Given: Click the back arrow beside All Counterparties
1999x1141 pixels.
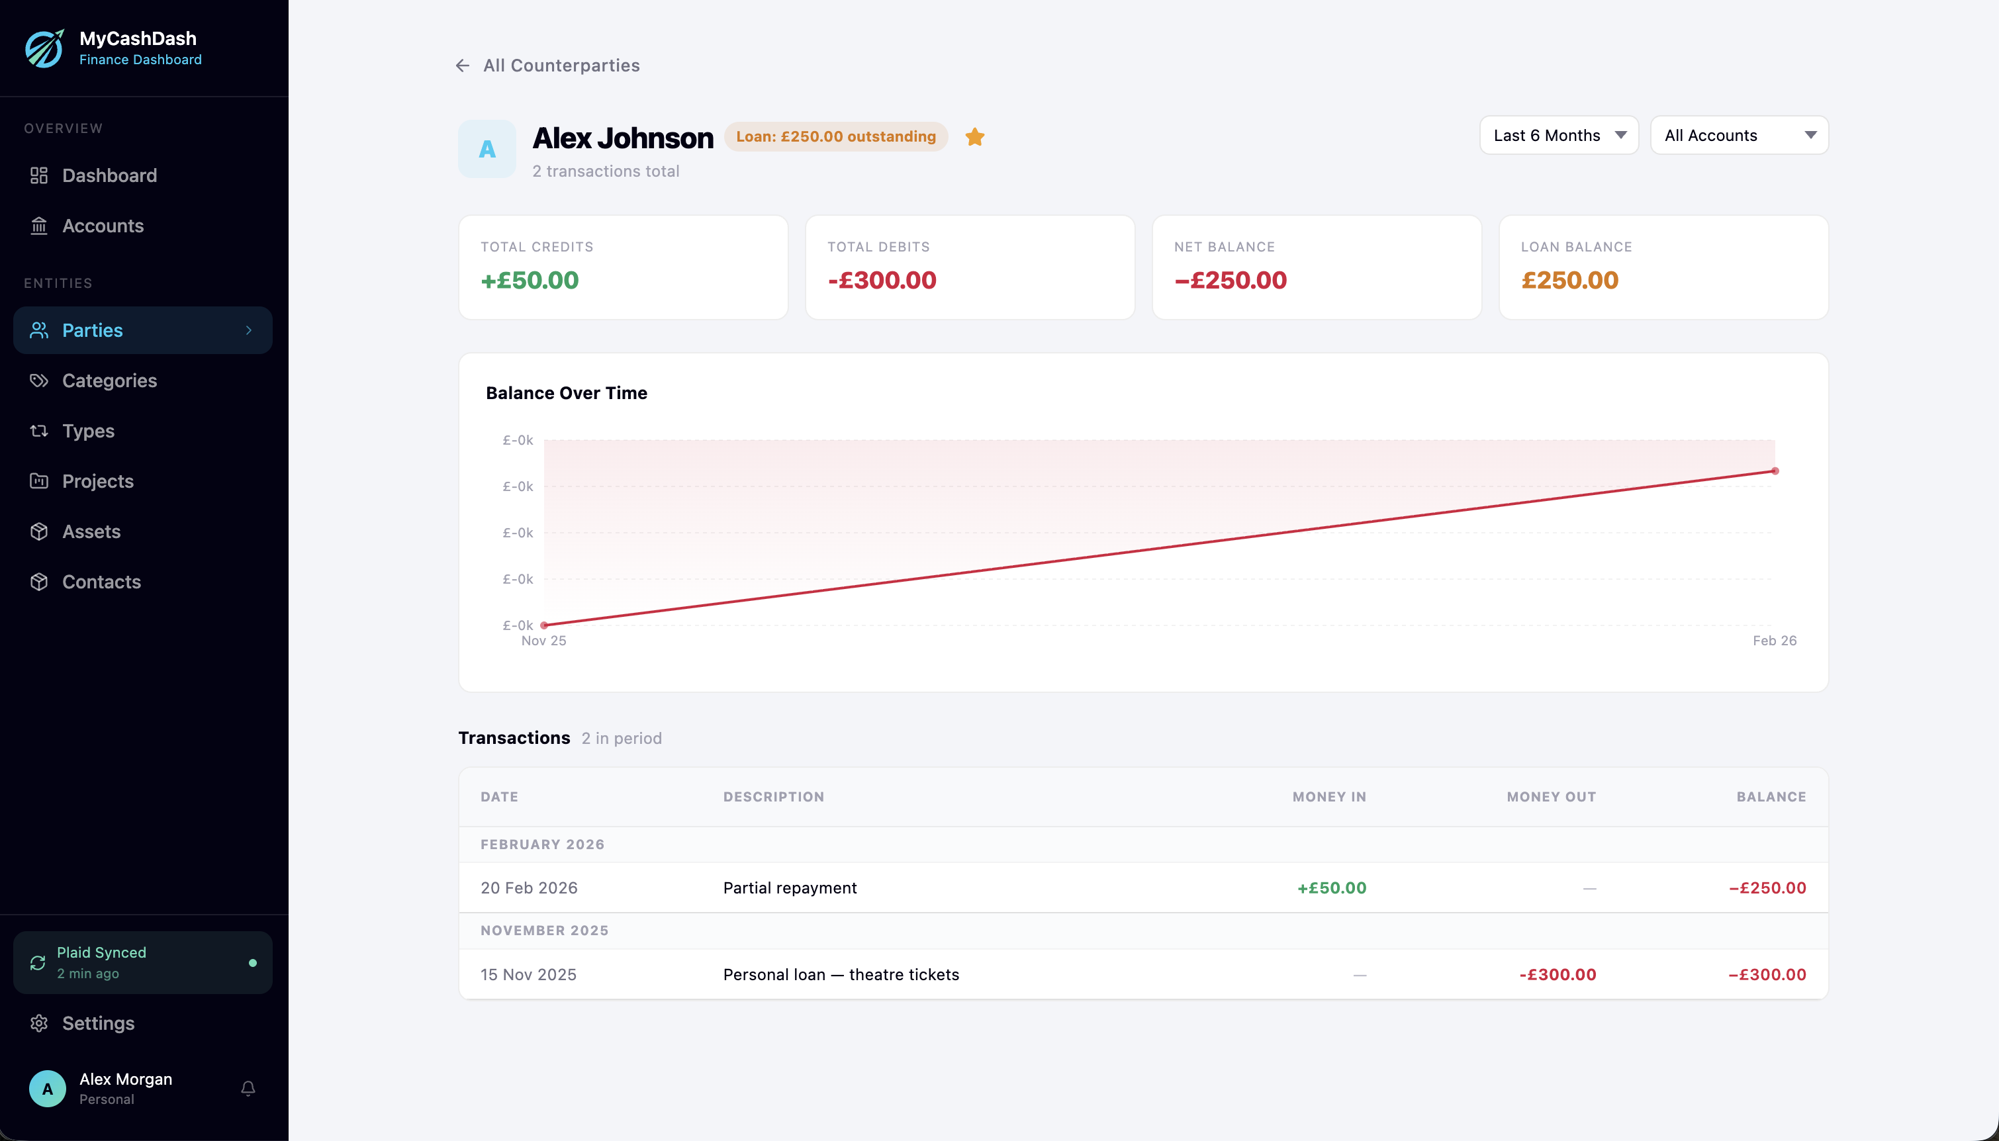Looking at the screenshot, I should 462,66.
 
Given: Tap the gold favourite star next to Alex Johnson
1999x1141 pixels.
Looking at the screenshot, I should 975,137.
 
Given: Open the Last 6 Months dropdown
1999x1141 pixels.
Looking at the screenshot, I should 1557,136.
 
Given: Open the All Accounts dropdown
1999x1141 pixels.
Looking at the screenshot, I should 1739,136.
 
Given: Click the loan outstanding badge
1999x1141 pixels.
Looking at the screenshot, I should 835,137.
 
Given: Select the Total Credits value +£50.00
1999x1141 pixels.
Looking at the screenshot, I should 530,281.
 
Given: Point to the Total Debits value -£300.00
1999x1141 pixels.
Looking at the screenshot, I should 882,281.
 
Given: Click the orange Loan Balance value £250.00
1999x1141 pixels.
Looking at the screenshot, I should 1569,281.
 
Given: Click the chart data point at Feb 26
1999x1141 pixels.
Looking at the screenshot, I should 1775,471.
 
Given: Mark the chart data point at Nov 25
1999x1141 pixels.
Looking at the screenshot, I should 544,625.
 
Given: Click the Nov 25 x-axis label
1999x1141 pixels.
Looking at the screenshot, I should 544,641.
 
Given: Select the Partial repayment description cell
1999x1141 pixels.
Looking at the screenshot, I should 790,888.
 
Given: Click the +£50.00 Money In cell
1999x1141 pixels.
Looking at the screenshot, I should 1331,888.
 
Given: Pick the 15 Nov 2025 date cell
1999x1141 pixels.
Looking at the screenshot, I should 528,975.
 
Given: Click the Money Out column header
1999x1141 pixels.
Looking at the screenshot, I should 1551,797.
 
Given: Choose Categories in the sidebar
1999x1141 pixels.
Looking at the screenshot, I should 109,381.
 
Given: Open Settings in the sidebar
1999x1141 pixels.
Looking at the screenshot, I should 98,1023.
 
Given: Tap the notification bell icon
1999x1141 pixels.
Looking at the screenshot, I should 248,1089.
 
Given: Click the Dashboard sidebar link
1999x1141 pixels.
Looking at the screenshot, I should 109,175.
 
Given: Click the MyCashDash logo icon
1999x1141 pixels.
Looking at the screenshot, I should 44,48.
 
